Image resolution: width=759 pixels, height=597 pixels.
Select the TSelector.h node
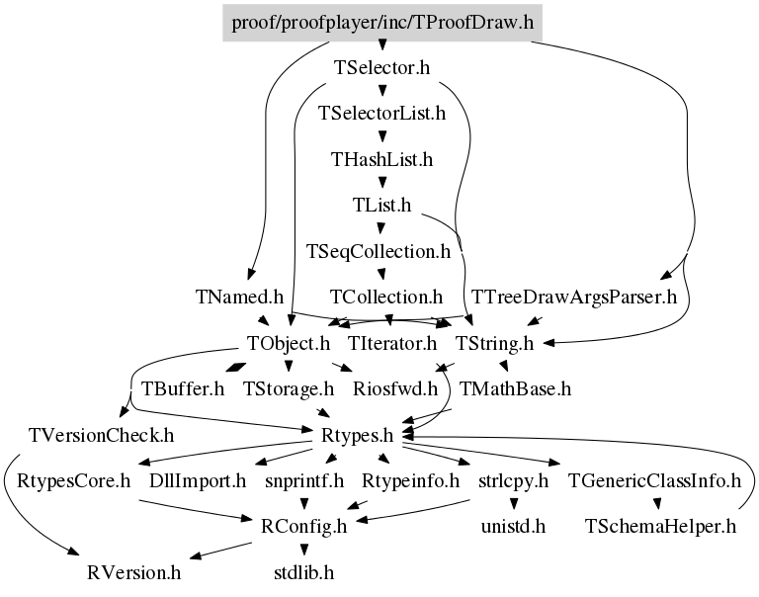coord(381,68)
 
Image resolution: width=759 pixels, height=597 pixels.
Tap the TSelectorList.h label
coord(381,113)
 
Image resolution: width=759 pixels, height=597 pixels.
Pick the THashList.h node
coord(381,158)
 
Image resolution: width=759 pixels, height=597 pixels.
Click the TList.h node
coord(381,205)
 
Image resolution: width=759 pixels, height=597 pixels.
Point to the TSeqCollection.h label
coord(379,251)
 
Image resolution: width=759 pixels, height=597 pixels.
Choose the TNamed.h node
coord(240,297)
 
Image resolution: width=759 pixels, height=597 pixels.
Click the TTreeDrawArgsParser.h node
coord(574,297)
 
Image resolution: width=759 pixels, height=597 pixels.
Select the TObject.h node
coord(288,343)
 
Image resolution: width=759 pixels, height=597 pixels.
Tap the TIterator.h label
coord(392,343)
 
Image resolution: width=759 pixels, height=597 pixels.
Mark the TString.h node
coord(494,343)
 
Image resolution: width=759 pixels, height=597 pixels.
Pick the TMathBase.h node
coord(516,388)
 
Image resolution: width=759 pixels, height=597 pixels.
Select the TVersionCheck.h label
coord(101,434)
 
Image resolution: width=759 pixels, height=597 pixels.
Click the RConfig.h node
coord(303,525)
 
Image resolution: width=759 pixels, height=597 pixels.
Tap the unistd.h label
coord(514,525)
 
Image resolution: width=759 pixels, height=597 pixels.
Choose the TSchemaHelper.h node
coord(661,525)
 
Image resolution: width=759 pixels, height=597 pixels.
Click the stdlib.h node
coord(303,571)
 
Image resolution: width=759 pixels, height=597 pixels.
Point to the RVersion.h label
coord(133,571)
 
